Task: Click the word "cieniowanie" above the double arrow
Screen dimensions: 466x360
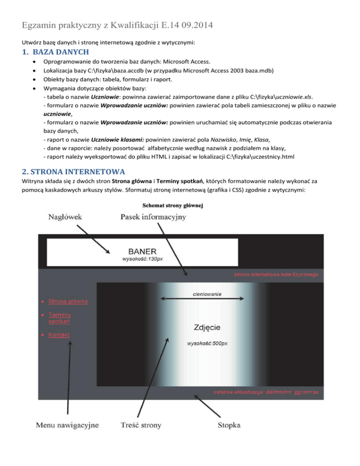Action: point(207,294)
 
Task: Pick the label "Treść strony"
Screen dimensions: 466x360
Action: point(141,425)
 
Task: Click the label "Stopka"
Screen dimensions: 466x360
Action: point(229,425)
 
